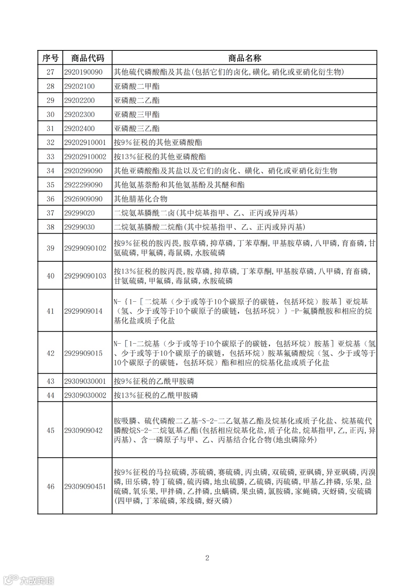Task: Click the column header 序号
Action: click(x=50, y=58)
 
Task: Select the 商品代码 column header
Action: click(x=87, y=58)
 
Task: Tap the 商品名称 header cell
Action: click(x=245, y=58)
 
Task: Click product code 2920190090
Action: click(x=84, y=72)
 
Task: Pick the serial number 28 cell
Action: click(x=50, y=86)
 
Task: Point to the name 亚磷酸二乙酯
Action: click(x=137, y=100)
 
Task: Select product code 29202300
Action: click(x=79, y=114)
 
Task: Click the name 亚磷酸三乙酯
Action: click(x=137, y=129)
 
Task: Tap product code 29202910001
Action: click(x=85, y=142)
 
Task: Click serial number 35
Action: click(x=50, y=185)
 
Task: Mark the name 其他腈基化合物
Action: click(x=141, y=199)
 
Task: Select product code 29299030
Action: click(x=79, y=227)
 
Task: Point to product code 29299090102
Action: click(x=85, y=248)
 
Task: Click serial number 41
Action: click(x=50, y=311)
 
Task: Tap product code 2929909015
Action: click(x=84, y=353)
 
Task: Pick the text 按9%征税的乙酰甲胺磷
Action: click(x=154, y=381)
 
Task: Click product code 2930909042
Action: click(x=84, y=430)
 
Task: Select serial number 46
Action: click(x=50, y=486)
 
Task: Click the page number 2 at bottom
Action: click(x=207, y=558)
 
